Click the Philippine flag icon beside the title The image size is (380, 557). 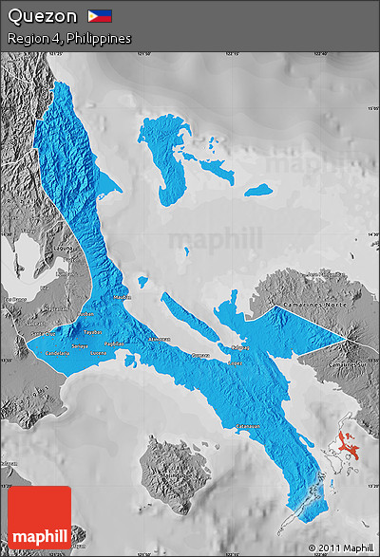100,16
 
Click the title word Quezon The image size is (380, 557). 43,16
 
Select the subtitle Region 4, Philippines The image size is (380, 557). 68,39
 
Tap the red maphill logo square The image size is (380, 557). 39,517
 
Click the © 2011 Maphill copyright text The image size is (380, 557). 340,548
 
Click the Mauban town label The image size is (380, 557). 122,297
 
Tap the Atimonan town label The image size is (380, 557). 159,338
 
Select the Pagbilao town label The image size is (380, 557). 114,343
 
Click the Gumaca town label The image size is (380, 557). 200,355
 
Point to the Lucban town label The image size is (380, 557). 86,312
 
